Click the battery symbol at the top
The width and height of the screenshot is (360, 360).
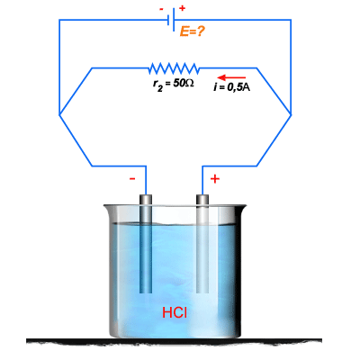pyautogui.click(x=171, y=20)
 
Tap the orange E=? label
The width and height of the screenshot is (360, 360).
pyautogui.click(x=193, y=31)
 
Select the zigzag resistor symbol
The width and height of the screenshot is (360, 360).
pyautogui.click(x=174, y=68)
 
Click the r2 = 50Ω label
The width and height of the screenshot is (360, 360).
pyautogui.click(x=173, y=85)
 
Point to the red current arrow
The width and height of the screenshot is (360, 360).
pyautogui.click(x=231, y=77)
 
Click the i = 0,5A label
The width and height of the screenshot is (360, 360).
pyautogui.click(x=232, y=87)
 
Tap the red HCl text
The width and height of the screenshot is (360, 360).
pyautogui.click(x=175, y=312)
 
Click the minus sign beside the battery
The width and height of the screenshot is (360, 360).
pyautogui.click(x=161, y=9)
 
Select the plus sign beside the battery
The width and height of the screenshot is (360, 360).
pyautogui.click(x=182, y=8)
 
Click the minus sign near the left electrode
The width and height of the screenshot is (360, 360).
pyautogui.click(x=132, y=179)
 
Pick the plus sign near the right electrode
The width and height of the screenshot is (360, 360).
pyautogui.click(x=215, y=179)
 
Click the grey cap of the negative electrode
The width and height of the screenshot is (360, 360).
pyautogui.click(x=146, y=199)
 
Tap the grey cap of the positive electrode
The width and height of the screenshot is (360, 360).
pyautogui.click(x=202, y=199)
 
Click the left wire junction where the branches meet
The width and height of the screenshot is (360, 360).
pyautogui.click(x=59, y=114)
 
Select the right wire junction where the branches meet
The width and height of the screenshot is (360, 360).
pyautogui.click(x=291, y=114)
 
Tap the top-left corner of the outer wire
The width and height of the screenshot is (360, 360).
pyautogui.click(x=59, y=20)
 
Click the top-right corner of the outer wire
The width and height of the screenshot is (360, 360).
pyautogui.click(x=291, y=20)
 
